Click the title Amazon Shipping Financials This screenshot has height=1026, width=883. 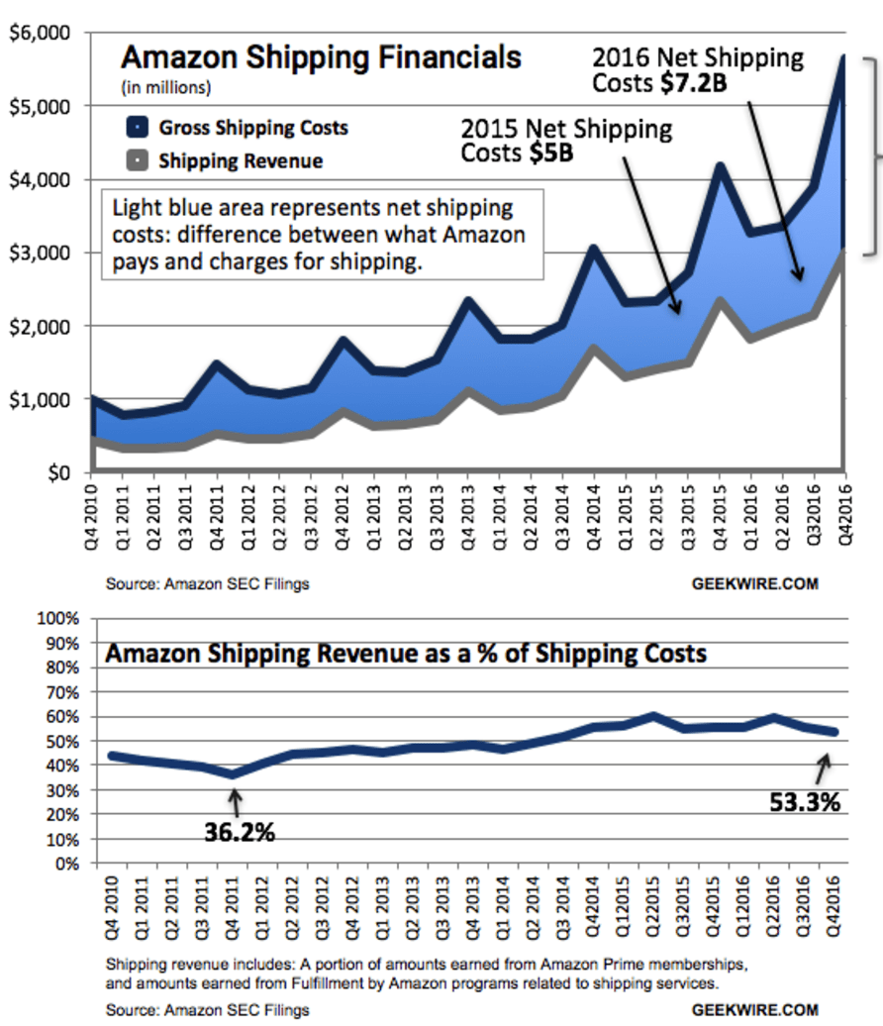click(321, 56)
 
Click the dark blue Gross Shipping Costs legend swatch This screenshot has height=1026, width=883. click(138, 127)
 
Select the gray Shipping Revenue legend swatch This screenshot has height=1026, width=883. click(138, 159)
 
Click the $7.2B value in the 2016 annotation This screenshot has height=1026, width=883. click(693, 83)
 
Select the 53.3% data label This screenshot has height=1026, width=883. click(804, 802)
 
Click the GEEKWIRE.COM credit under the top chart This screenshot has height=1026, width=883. click(754, 583)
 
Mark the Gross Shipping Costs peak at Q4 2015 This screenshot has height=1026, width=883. click(720, 165)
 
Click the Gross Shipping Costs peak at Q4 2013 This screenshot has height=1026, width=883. click(468, 299)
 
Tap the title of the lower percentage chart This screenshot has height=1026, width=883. click(406, 655)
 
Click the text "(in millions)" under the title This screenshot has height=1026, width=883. click(165, 87)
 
